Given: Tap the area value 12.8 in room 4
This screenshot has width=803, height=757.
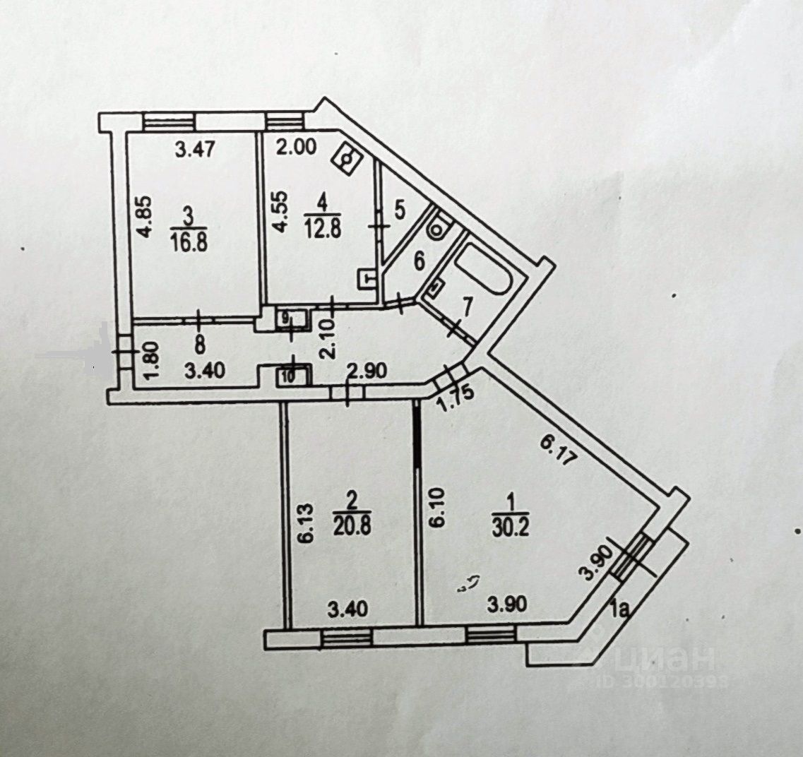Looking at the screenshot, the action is (x=322, y=227).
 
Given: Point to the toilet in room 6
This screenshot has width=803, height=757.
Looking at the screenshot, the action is (x=441, y=225).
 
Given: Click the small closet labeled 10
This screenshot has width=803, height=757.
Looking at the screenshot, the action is (x=287, y=375).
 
